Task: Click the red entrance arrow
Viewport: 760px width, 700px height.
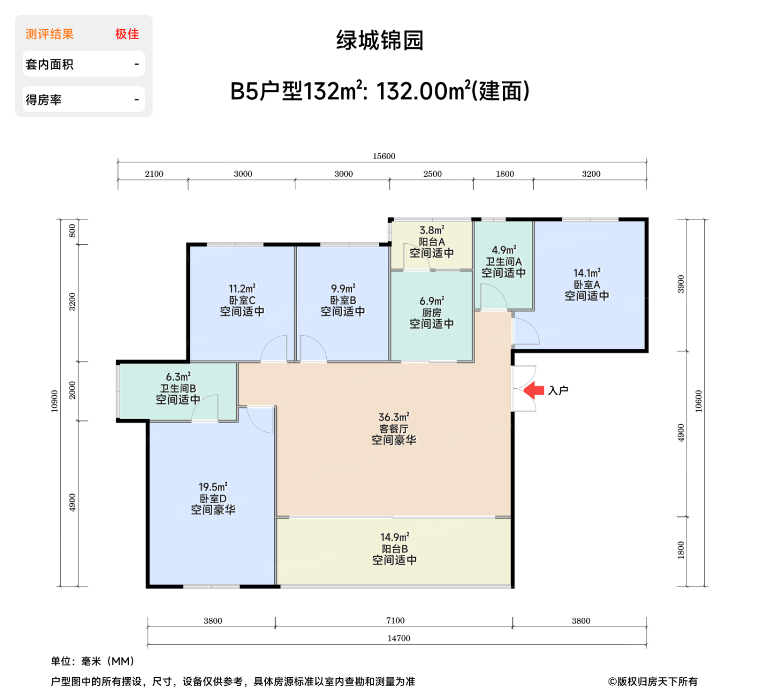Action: point(534,390)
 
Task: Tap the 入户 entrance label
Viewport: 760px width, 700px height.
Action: point(558,390)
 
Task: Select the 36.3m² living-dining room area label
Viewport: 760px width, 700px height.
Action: point(394,417)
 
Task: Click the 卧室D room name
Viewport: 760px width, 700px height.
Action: point(213,499)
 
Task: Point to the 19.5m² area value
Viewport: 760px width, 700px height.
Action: point(213,487)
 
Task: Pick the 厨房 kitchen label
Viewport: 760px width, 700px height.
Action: point(432,312)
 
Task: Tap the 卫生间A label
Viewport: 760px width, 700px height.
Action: point(504,261)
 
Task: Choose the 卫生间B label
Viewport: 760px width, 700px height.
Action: point(178,388)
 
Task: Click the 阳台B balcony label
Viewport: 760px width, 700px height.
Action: point(395,549)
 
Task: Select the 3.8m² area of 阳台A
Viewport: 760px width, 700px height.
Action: point(432,230)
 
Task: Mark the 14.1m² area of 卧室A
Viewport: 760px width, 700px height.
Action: point(587,273)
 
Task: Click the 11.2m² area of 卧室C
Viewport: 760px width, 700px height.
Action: point(242,288)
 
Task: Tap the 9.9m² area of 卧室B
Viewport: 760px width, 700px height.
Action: point(343,288)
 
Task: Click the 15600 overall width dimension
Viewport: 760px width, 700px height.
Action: point(384,156)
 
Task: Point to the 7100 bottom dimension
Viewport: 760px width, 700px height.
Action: point(395,621)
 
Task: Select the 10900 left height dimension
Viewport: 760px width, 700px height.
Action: point(54,401)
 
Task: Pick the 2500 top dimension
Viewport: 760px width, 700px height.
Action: point(433,174)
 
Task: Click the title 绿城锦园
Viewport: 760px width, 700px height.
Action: point(380,41)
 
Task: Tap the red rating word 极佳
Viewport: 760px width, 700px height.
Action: point(127,34)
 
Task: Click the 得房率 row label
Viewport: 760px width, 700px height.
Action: point(43,100)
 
